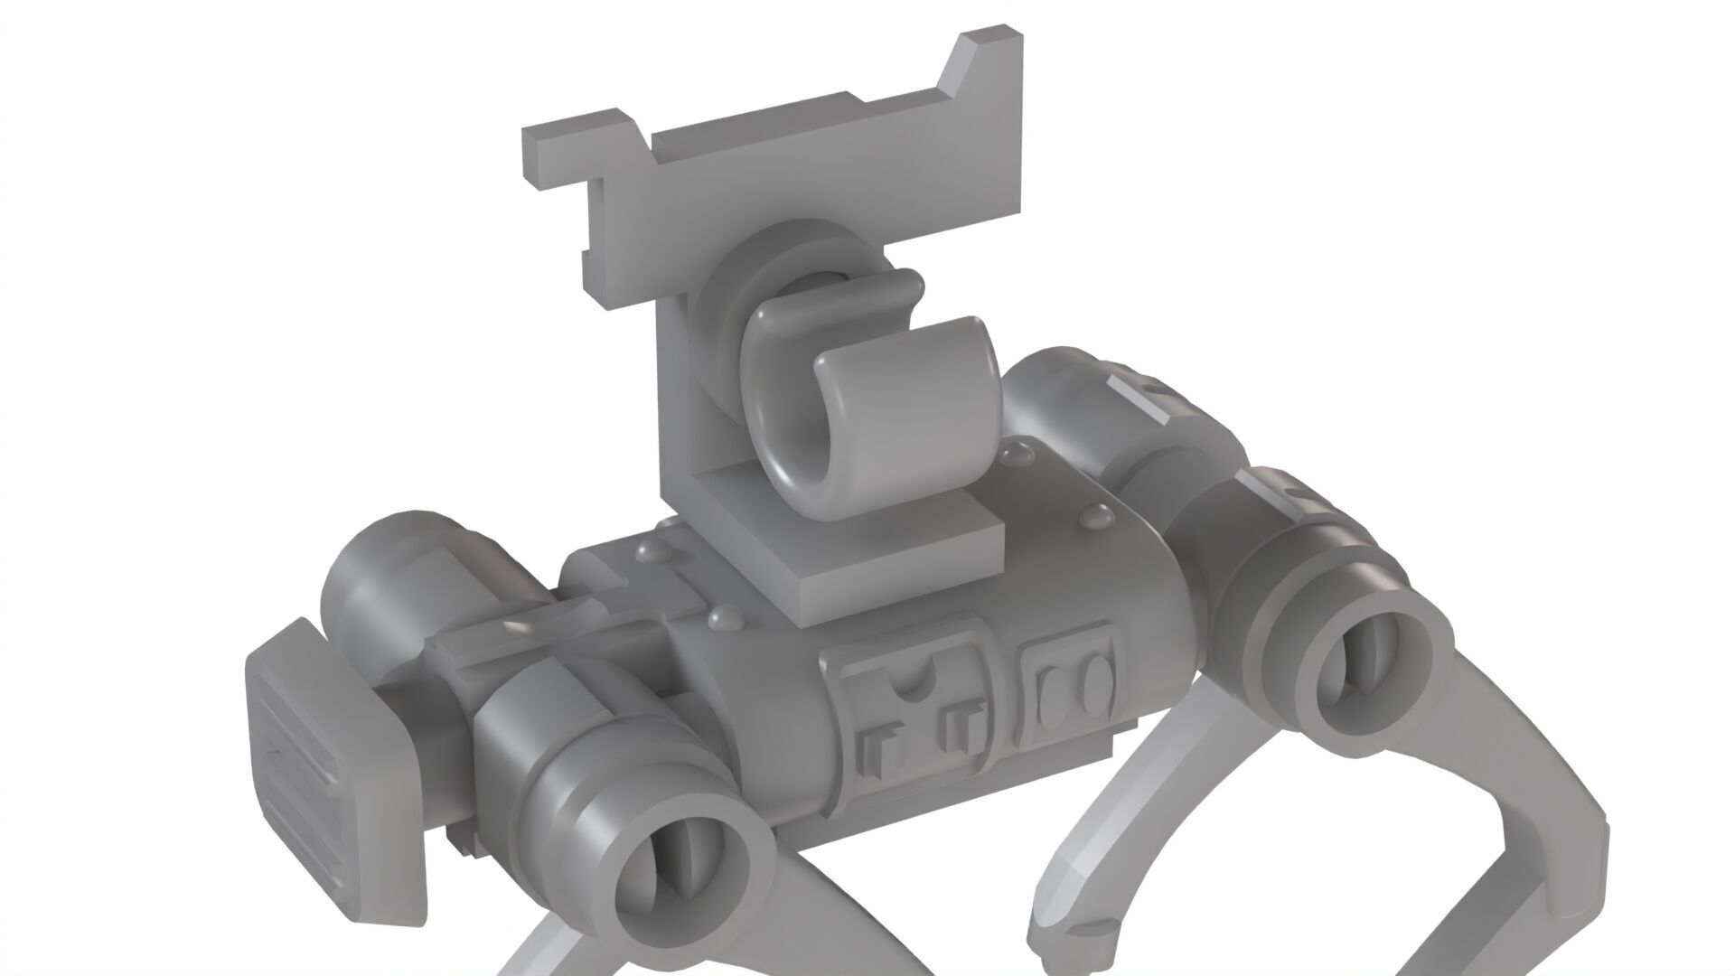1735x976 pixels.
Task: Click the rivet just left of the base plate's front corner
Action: tap(722, 618)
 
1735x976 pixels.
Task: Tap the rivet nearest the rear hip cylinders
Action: tap(1098, 516)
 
